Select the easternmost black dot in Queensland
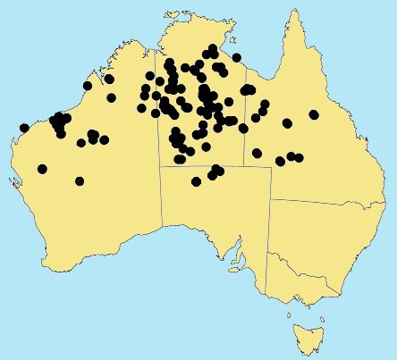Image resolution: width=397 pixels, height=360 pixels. tap(314, 114)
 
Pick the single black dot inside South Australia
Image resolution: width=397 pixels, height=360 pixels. tap(197, 182)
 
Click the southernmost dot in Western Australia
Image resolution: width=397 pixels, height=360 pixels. tap(80, 181)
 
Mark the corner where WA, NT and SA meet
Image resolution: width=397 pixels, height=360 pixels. tap(161, 167)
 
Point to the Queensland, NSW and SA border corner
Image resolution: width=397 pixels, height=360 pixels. tap(270, 199)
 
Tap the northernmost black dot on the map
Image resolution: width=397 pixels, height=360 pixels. tap(213, 48)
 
